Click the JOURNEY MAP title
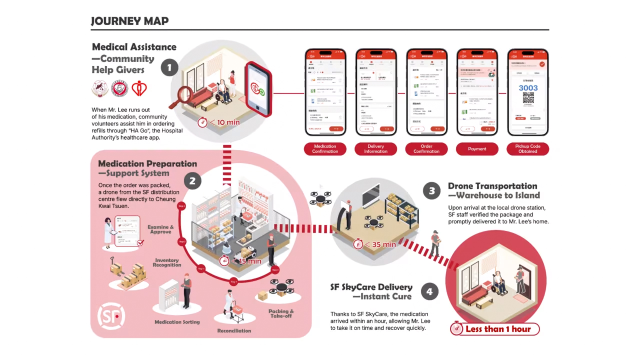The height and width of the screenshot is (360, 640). pos(129,21)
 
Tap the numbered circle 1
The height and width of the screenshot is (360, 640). pos(169,67)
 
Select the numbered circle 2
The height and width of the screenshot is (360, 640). pos(192,181)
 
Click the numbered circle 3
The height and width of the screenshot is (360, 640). pos(431,190)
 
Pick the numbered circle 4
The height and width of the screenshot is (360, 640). pos(429,291)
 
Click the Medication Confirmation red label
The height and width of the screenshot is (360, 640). pos(325,149)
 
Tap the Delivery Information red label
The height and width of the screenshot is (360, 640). pos(375,149)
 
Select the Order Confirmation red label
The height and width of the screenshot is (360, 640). pos(426,149)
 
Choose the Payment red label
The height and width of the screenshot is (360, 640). pos(477,149)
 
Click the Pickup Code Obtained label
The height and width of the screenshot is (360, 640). pos(527,149)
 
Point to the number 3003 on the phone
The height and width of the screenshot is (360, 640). pos(528,88)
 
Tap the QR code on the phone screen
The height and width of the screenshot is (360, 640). pos(528,98)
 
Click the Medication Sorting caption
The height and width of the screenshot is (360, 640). pos(177,322)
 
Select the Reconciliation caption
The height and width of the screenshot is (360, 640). pos(234,330)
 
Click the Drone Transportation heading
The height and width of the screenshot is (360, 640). pos(492,186)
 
